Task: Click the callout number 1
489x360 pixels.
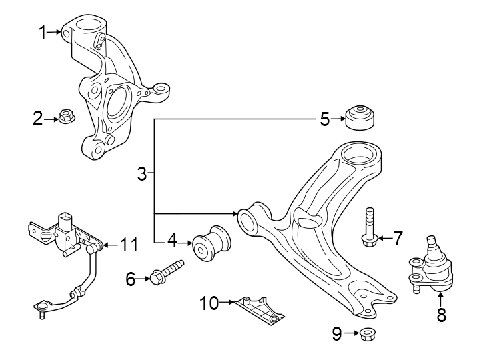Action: [43, 31]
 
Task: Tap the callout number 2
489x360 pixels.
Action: [39, 119]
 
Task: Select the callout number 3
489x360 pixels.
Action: [141, 175]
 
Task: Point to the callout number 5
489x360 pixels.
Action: [324, 119]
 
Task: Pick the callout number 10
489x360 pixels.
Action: [209, 303]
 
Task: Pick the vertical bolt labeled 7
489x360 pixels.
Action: [370, 226]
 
